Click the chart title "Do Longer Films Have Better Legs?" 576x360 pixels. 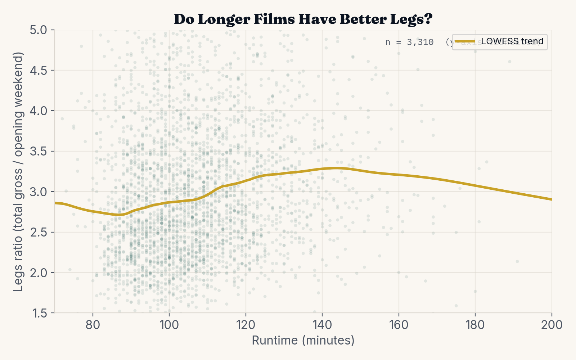pyautogui.click(x=303, y=19)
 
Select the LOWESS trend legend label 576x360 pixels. pyautogui.click(x=512, y=41)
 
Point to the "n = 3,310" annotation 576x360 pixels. pyautogui.click(x=409, y=42)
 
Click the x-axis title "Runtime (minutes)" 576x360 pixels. pyautogui.click(x=303, y=340)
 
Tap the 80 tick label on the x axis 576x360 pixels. pyautogui.click(x=93, y=325)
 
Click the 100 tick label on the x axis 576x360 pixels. pyautogui.click(x=169, y=325)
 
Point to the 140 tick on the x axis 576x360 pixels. pyautogui.click(x=322, y=325)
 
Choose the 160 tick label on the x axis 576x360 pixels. pyautogui.click(x=399, y=325)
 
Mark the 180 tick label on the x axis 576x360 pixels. pyautogui.click(x=475, y=325)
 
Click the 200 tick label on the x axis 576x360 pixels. pyautogui.click(x=552, y=325)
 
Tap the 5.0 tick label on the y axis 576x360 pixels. pyautogui.click(x=39, y=30)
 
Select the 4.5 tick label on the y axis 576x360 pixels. pyautogui.click(x=39, y=70)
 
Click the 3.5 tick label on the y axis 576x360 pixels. pyautogui.click(x=39, y=151)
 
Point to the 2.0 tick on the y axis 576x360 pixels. pyautogui.click(x=39, y=273)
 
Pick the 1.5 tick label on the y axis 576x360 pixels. pyautogui.click(x=39, y=313)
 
